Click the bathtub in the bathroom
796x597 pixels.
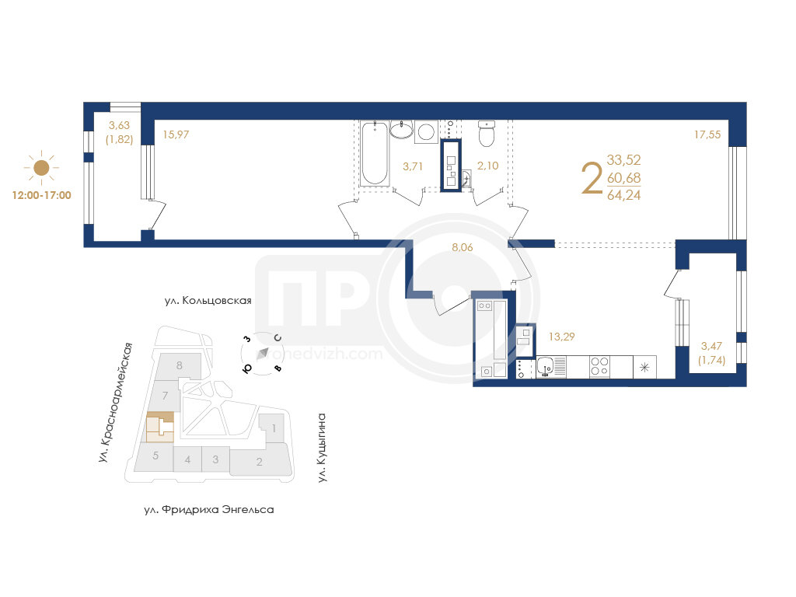[x=374, y=153]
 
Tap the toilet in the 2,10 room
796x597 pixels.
[x=487, y=133]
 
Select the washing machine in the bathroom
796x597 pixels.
[x=427, y=132]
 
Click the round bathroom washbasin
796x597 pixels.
[x=402, y=130]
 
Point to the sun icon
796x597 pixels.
[x=41, y=167]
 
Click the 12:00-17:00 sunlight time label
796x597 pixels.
[x=42, y=195]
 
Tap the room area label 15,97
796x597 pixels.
[x=176, y=134]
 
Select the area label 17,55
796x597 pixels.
[x=707, y=134]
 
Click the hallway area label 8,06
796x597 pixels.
[x=463, y=247]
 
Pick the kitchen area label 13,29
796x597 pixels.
[x=561, y=336]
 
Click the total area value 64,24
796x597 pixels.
[x=624, y=195]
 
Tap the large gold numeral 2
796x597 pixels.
[x=592, y=178]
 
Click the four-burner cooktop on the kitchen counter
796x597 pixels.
[x=599, y=367]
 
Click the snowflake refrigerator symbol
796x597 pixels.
[x=644, y=367]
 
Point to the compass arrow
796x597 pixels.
[x=263, y=354]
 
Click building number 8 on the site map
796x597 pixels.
[x=180, y=365]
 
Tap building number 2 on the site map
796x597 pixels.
[x=260, y=462]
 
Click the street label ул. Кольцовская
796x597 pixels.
[x=208, y=301]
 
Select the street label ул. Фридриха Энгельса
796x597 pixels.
[x=208, y=509]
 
